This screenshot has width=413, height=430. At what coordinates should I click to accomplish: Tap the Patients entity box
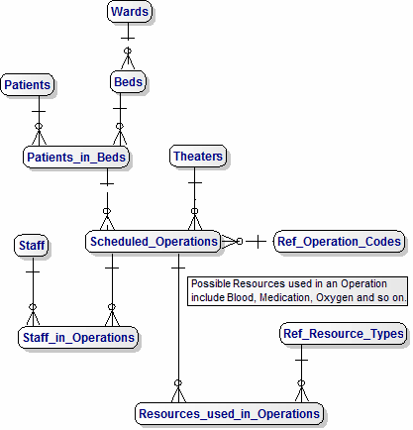(x=28, y=85)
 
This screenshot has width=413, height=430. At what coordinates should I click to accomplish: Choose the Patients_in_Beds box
(x=78, y=157)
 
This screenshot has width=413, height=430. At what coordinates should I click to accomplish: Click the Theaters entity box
(x=198, y=157)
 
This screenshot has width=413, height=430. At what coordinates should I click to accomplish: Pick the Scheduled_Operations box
(x=154, y=241)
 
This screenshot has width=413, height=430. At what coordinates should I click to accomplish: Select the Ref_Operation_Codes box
(x=340, y=241)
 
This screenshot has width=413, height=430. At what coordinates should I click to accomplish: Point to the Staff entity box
(x=32, y=244)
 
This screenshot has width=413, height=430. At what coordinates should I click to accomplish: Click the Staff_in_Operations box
(x=78, y=338)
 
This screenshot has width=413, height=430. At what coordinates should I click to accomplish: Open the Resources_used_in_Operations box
(x=230, y=413)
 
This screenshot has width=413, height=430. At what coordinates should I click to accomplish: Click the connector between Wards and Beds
(x=127, y=48)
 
